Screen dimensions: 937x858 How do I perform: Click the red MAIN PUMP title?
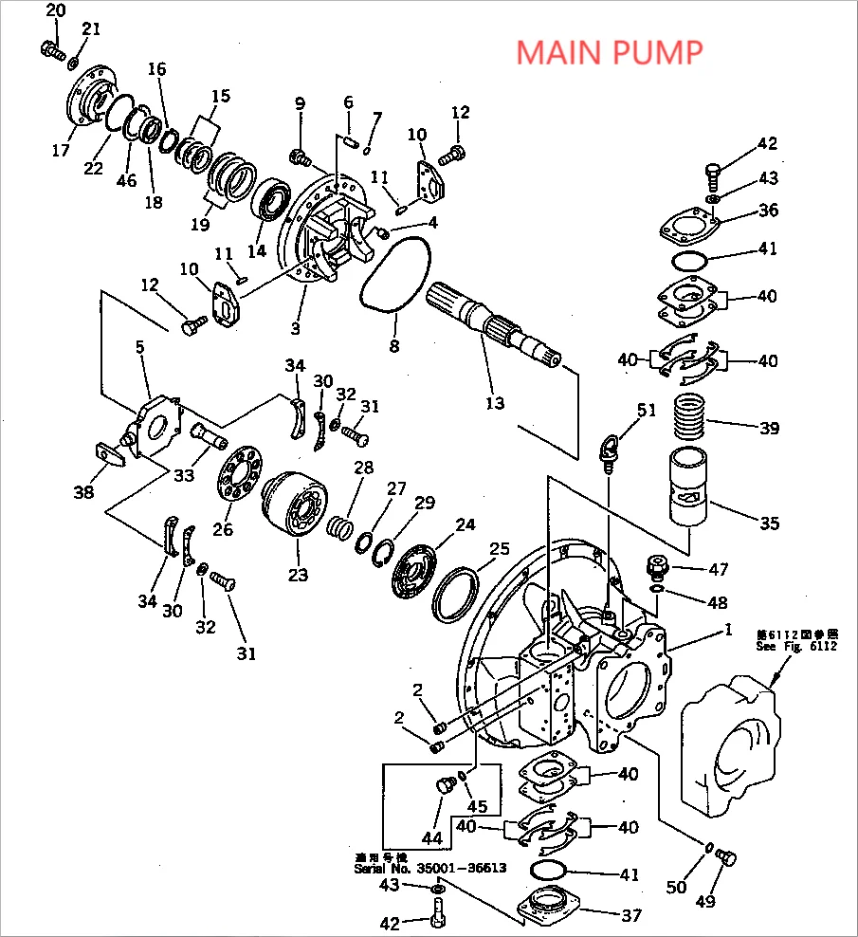click(610, 52)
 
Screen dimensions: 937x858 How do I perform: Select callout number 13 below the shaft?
click(495, 403)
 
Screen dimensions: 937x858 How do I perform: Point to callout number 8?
click(394, 346)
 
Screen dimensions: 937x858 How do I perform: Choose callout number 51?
click(646, 411)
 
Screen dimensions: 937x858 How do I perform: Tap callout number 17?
click(62, 150)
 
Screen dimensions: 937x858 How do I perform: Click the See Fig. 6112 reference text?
click(796, 640)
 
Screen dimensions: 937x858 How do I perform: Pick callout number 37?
click(630, 915)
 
